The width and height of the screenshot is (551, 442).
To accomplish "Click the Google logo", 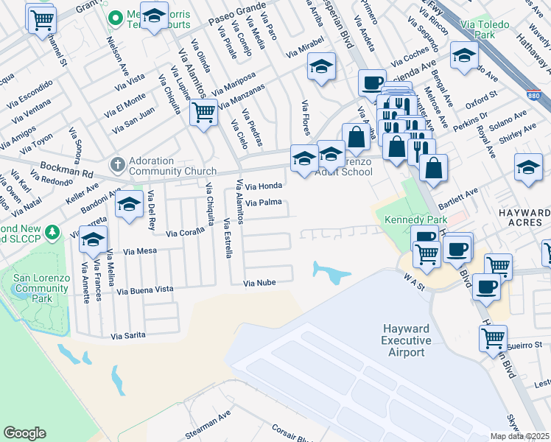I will [x=24, y=433].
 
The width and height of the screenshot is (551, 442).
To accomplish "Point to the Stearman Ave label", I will [x=208, y=427].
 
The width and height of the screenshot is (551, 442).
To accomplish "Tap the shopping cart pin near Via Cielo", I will [x=203, y=113].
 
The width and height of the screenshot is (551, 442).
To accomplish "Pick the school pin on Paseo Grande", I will [x=153, y=15].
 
